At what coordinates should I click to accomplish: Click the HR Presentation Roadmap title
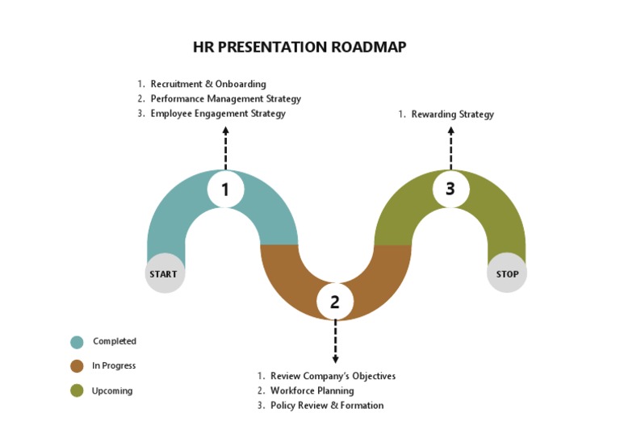(x=300, y=47)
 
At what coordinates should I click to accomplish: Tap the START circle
(x=164, y=274)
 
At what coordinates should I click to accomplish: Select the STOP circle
(x=507, y=274)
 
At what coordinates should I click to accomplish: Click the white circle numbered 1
(x=225, y=190)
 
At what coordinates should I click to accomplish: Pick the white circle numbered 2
(x=335, y=302)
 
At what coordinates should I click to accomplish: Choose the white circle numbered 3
(x=450, y=189)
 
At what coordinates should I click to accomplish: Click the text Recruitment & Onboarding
(x=207, y=84)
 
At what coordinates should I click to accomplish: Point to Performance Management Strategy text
(x=225, y=99)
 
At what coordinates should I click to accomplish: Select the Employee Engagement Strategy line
(x=218, y=114)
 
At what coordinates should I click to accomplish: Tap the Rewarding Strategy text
(x=452, y=115)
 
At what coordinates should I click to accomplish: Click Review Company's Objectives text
(x=333, y=376)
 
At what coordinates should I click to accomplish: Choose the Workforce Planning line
(x=312, y=391)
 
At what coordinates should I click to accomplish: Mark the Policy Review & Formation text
(x=326, y=406)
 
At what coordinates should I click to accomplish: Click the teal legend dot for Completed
(x=77, y=342)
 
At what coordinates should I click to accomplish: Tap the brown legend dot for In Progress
(x=77, y=366)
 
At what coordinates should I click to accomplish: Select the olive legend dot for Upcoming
(x=77, y=391)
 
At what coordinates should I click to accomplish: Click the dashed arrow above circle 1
(x=225, y=147)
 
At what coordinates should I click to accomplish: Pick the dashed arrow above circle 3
(x=450, y=147)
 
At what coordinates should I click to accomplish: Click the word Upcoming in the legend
(x=112, y=391)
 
